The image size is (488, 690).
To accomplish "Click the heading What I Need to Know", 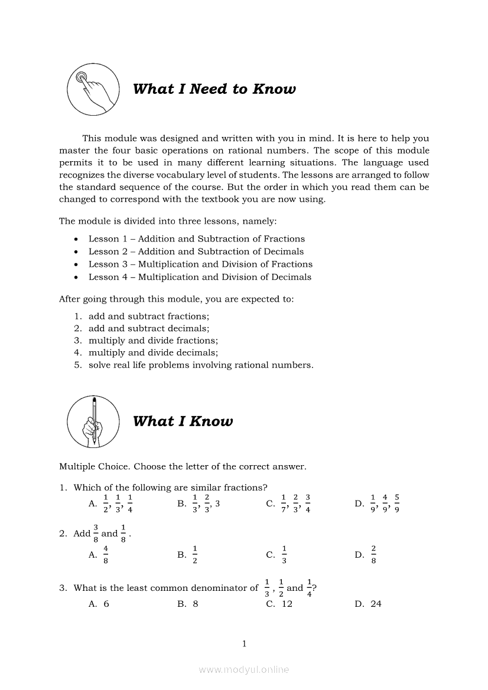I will [x=214, y=89].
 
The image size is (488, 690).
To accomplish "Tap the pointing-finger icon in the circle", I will [x=90, y=89].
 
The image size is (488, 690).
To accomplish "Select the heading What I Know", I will [x=183, y=421].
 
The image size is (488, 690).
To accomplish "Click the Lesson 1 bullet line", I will [x=196, y=239].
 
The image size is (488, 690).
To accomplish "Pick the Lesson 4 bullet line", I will [x=200, y=277].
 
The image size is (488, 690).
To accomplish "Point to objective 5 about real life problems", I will [x=201, y=365].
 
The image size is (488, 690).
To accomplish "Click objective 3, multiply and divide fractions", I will [x=153, y=341].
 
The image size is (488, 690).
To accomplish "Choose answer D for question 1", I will [x=378, y=503].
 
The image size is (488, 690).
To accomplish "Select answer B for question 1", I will [x=199, y=503].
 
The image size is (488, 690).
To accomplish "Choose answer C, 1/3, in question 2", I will [x=277, y=555].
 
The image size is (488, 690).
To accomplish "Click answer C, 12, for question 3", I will [x=280, y=604].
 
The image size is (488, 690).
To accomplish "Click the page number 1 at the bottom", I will [x=244, y=644].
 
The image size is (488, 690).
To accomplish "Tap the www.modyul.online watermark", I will [x=244, y=670].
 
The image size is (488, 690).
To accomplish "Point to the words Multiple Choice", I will [x=94, y=466].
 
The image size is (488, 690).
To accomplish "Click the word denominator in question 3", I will [x=226, y=588].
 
